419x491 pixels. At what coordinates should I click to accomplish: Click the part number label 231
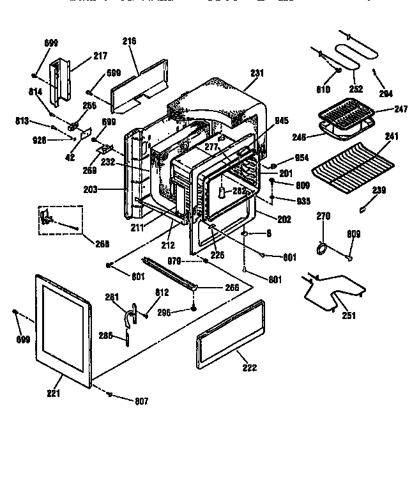tap(257, 74)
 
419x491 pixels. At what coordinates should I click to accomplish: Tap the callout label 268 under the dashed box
tap(102, 244)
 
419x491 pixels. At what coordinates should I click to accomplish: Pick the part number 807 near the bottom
tap(141, 401)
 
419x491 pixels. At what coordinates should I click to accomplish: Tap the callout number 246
tap(299, 136)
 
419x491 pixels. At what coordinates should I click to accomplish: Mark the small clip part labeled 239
tap(363, 208)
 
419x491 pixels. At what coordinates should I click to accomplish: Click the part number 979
tap(175, 260)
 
